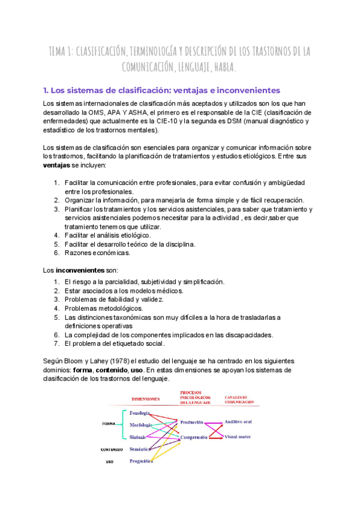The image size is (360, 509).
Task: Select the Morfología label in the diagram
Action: [140, 426]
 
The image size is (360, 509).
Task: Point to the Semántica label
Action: [139, 449]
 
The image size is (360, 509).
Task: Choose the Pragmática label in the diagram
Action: [140, 461]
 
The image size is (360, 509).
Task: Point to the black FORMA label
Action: [109, 424]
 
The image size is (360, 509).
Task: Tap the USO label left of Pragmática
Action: [109, 462]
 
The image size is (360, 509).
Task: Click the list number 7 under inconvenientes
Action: [56, 344]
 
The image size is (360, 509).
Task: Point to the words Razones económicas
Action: [98, 253]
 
